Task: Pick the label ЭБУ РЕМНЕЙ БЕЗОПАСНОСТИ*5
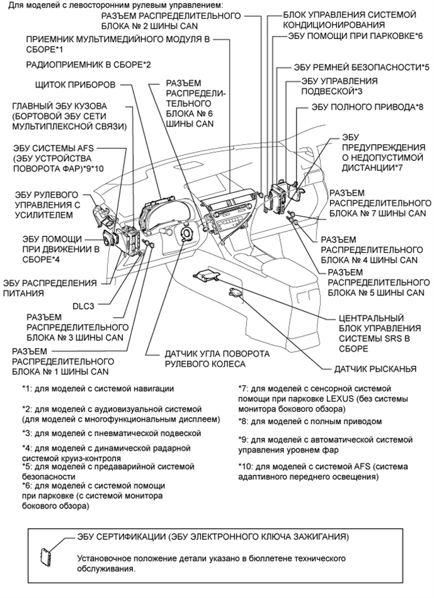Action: click(x=361, y=67)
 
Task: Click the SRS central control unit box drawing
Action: click(x=207, y=275)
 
